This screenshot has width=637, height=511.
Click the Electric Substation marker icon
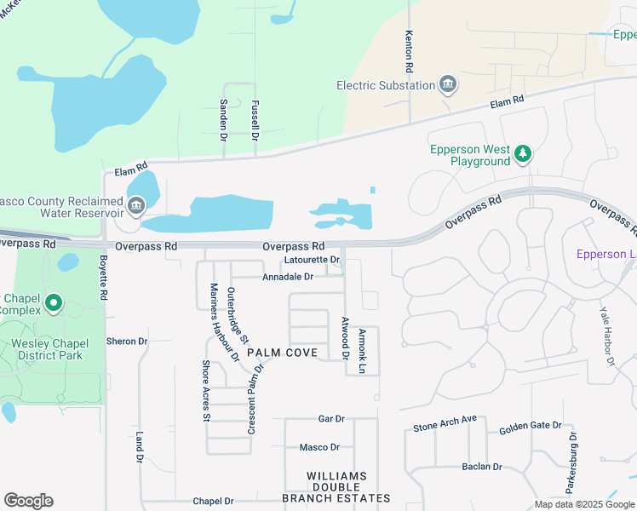click(x=448, y=85)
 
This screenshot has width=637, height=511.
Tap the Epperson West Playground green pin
click(x=524, y=154)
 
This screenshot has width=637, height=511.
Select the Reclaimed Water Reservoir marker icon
click(x=135, y=206)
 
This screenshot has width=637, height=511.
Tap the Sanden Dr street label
click(x=224, y=118)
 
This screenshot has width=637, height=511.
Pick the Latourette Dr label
click(x=313, y=260)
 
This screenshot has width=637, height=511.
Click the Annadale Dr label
click(x=288, y=277)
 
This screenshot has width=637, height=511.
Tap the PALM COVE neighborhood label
click(x=282, y=353)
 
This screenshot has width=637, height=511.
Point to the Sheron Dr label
click(x=127, y=341)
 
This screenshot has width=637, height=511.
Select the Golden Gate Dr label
click(x=531, y=426)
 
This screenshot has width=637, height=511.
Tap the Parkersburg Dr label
click(x=571, y=462)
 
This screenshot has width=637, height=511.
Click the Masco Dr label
click(x=319, y=447)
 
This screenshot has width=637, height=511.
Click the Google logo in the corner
click(x=28, y=501)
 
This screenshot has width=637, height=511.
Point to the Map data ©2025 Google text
click(x=583, y=504)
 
